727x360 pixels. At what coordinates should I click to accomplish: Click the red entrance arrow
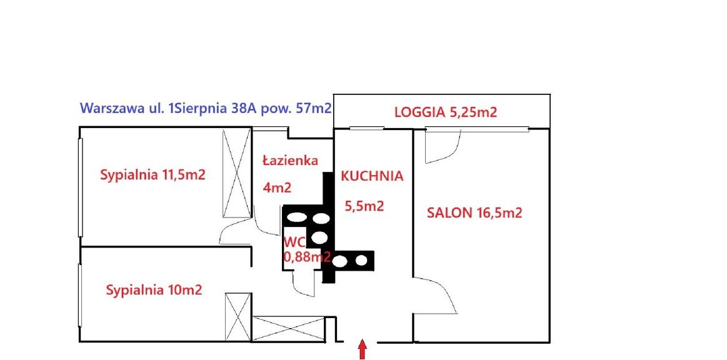point(363,350)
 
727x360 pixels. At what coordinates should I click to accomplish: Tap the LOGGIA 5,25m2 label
point(446,112)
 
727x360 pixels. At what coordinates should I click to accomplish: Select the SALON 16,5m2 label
point(474,213)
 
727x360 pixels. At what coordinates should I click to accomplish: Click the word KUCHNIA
point(372,176)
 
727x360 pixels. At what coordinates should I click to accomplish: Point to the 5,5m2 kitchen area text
point(364,206)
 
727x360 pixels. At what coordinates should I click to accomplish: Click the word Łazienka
point(290,160)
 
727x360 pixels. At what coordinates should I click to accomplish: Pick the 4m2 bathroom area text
point(277,187)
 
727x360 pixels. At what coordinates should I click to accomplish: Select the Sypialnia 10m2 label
point(154,291)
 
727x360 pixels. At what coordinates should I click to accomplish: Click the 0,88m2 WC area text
point(306,256)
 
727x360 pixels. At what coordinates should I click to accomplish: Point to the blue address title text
point(206,108)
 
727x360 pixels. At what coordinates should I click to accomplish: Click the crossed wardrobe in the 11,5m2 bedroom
point(236,173)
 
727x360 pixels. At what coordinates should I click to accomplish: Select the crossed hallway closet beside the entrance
point(288,329)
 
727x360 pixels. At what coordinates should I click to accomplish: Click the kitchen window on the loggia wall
point(366,128)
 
